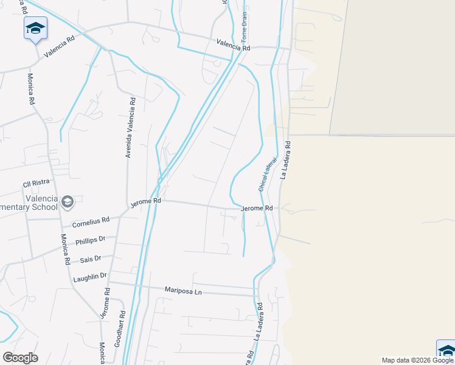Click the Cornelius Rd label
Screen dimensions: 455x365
[x=90, y=223]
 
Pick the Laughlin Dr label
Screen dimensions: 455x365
[x=89, y=277]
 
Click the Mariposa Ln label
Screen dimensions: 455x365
[x=182, y=291]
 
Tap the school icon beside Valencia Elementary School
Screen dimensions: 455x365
[x=67, y=201]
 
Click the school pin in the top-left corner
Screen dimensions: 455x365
[x=35, y=28]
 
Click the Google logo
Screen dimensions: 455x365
[x=20, y=357]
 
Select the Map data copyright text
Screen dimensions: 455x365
[x=417, y=360]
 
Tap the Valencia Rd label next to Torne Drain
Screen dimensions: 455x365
[x=234, y=46]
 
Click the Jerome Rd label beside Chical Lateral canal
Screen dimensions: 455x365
[x=256, y=209]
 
